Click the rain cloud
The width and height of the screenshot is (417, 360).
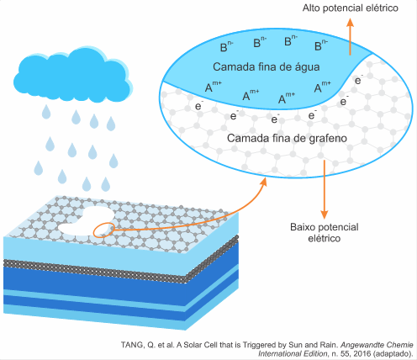point(73,76)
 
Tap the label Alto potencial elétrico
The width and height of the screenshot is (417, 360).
point(351,8)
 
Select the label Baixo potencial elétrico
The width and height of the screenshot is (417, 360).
point(325,232)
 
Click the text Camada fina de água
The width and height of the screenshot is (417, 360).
point(267,67)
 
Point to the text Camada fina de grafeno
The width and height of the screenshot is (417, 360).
point(287,138)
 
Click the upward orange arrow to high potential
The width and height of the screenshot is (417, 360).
point(350,36)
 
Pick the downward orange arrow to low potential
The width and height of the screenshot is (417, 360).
point(325,189)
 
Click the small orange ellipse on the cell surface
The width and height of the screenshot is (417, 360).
point(103,230)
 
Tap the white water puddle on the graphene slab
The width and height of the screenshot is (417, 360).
point(87,221)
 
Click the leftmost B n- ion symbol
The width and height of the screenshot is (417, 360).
point(226,46)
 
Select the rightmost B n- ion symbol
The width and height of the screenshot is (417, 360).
point(321,45)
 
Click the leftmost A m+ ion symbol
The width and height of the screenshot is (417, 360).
point(213,87)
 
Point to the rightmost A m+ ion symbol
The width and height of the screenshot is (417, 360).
point(322,87)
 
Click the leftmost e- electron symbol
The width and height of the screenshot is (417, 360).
point(199,106)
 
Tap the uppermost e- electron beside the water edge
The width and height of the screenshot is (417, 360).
point(359,80)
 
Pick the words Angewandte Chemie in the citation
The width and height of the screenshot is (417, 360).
point(377,345)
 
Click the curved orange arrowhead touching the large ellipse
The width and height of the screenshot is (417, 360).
point(262,183)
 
